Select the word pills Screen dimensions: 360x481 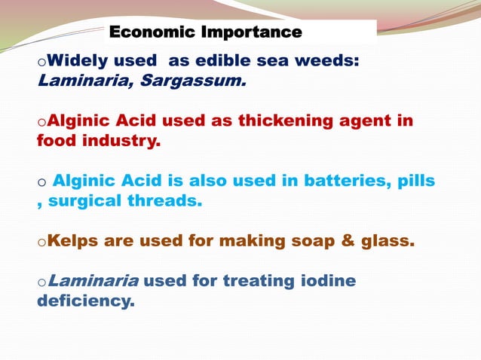[415, 181]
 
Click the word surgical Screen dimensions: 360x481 [84, 200]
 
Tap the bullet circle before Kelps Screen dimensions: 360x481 [41, 243]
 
